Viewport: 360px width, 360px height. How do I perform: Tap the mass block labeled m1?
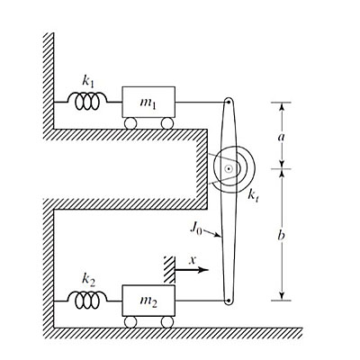pos(149,103)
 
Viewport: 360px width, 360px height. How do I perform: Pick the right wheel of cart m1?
pos(167,124)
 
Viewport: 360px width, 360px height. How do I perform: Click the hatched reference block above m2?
pos(168,267)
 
